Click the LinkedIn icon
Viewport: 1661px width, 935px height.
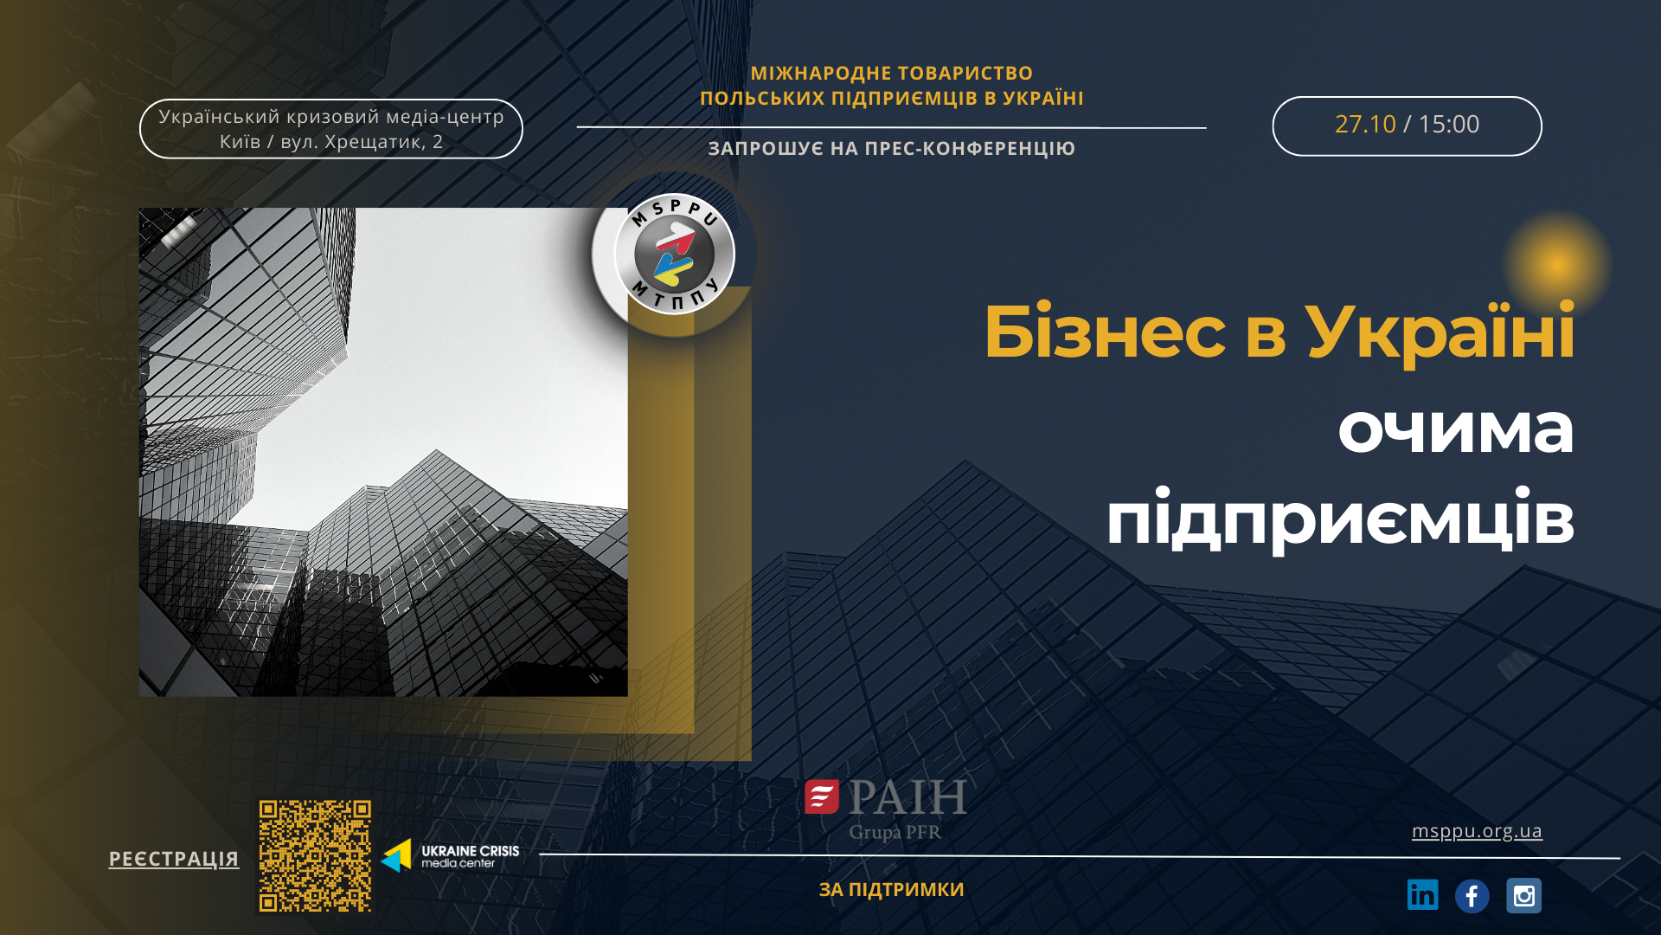[x=1422, y=895]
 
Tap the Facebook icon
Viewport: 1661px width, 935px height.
[x=1472, y=896]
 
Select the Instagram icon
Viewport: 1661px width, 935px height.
[x=1523, y=895]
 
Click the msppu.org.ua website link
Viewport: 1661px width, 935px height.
[x=1477, y=831]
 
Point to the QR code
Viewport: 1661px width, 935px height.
[x=315, y=855]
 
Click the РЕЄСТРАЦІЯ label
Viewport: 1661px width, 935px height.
[x=174, y=859]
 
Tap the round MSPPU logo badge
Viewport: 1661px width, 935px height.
[x=674, y=254]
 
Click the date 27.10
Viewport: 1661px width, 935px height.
[x=1365, y=125]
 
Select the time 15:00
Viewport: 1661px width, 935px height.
[x=1448, y=125]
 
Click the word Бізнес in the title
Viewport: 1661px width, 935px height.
[x=1105, y=332]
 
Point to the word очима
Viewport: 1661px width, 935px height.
[x=1456, y=429]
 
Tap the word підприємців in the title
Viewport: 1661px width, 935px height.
[x=1340, y=519]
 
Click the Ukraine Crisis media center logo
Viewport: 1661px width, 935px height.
[x=450, y=855]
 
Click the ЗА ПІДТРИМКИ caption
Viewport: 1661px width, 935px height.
[x=892, y=890]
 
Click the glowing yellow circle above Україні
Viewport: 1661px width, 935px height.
[x=1556, y=264]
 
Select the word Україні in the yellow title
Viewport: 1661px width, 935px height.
[x=1440, y=332]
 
